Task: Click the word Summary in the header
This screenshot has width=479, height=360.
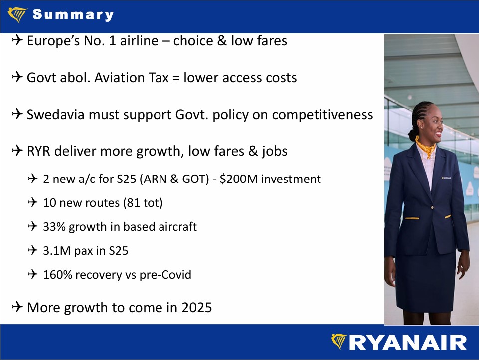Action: (73, 14)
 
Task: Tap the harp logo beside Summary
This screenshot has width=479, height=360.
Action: (18, 14)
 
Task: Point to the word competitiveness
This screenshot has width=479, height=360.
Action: (322, 115)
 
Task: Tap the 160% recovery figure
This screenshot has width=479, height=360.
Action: (57, 274)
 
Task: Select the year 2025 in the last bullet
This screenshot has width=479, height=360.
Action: (197, 308)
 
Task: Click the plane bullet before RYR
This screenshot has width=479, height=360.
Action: (17, 151)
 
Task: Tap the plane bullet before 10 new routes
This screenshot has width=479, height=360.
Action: (33, 202)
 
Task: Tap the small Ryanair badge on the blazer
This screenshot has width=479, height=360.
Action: (446, 178)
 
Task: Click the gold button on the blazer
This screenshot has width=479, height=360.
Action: (432, 207)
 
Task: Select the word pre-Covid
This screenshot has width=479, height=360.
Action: (165, 275)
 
